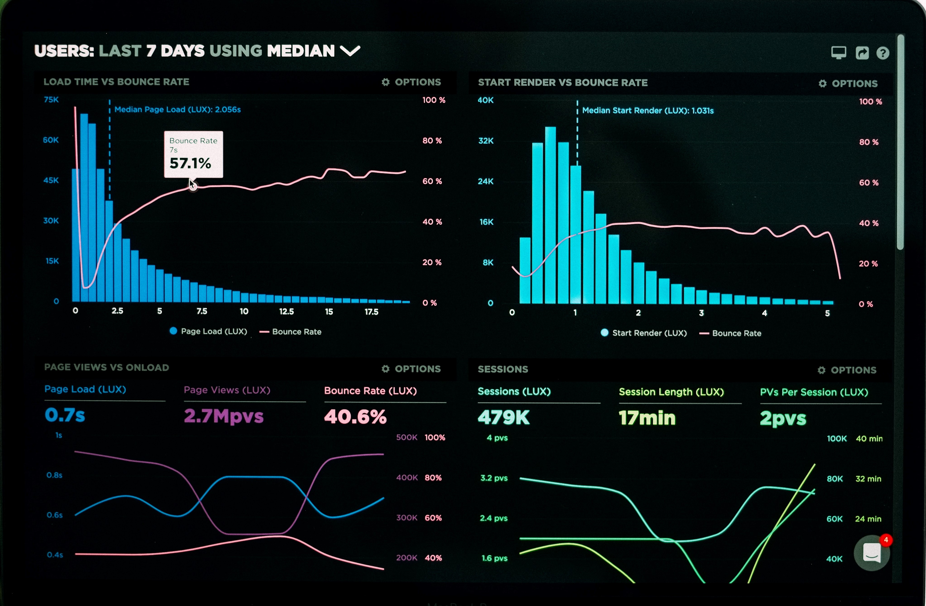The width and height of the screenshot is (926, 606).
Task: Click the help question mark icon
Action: (883, 53)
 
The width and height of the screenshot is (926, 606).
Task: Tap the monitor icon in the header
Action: (838, 52)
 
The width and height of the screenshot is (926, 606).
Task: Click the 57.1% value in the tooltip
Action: (190, 164)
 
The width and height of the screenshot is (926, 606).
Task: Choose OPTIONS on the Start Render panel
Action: (848, 83)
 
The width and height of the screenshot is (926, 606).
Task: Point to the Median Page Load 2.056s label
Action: (178, 110)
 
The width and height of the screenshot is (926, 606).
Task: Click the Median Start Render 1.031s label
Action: (648, 111)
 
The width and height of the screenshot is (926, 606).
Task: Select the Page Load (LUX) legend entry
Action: (209, 331)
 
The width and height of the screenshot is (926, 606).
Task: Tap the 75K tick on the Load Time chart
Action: (51, 100)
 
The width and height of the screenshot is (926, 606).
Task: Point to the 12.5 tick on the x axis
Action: (286, 311)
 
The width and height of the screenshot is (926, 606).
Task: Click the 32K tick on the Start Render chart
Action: (486, 141)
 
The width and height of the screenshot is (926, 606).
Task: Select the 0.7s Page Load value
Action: (65, 415)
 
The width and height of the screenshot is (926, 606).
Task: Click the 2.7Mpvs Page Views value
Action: (224, 416)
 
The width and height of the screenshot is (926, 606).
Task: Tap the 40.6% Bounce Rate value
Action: (355, 417)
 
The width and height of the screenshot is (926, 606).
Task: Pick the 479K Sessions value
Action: (504, 418)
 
